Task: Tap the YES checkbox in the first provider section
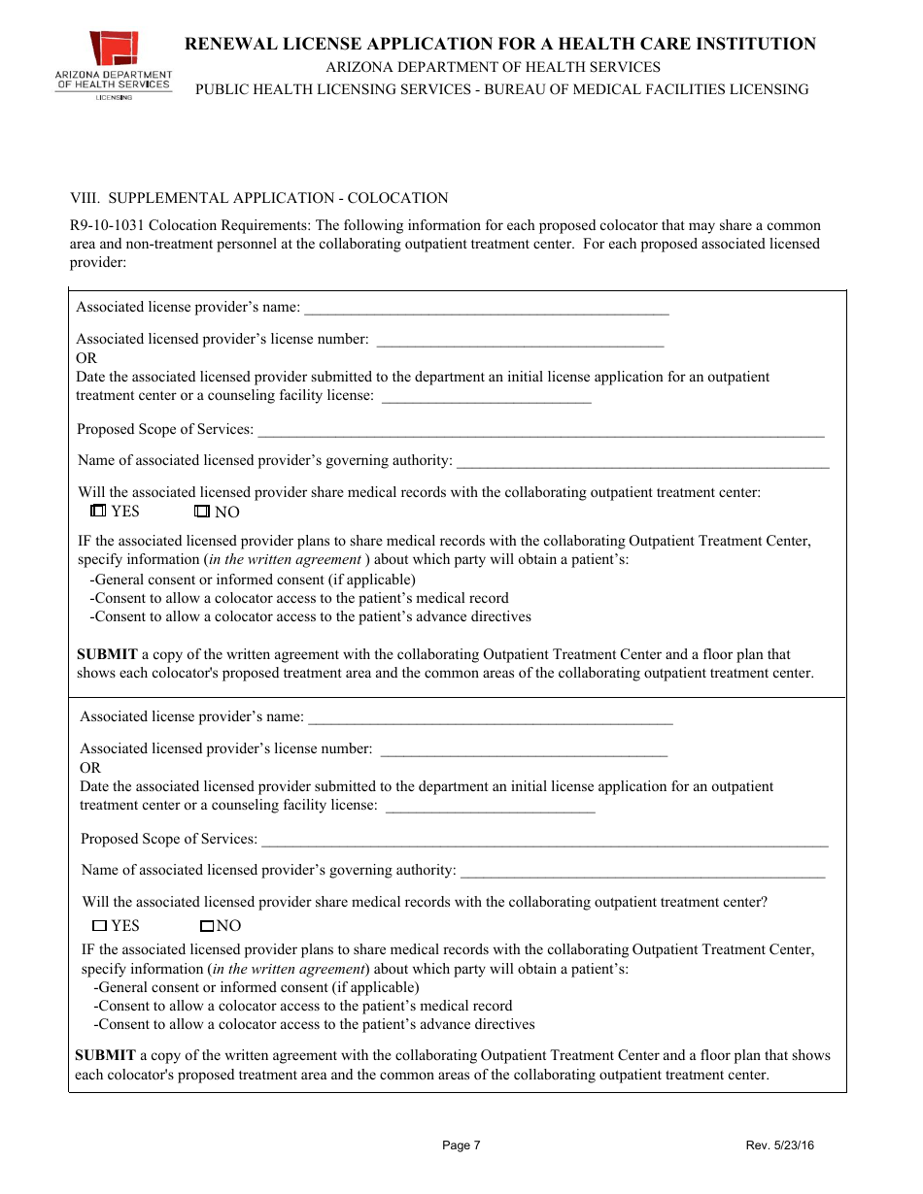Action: pos(97,511)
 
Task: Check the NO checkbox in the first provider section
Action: pos(202,512)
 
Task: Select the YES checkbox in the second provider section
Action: pos(99,926)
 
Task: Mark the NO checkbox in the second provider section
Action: pos(206,926)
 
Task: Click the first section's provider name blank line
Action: pos(486,310)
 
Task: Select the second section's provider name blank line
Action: pos(490,719)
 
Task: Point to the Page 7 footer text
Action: pos(461,1145)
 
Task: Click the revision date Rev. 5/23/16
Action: pos(779,1145)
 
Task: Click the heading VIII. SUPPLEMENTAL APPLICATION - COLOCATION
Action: pos(258,198)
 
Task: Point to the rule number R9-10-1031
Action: pos(104,225)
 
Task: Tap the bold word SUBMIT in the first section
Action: pos(106,654)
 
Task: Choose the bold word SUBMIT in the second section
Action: pos(105,1055)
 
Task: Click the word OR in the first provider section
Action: pos(86,358)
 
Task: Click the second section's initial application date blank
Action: pos(490,807)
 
